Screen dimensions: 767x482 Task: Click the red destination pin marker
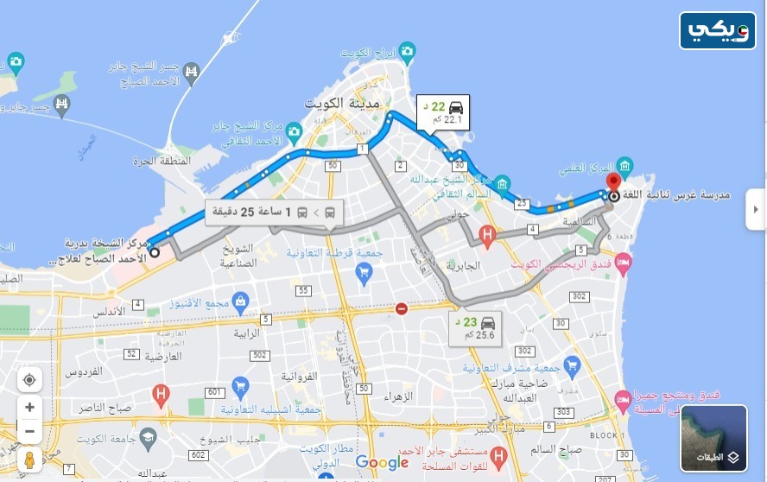pos(614,183)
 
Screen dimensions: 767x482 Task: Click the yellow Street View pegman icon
pos(29,460)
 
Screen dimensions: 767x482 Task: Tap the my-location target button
pos(29,380)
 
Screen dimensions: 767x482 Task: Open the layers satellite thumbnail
pos(713,438)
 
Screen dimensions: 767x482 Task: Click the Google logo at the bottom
pos(382,463)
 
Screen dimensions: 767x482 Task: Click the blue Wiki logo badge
pos(718,30)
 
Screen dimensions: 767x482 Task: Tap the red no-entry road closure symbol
pos(402,308)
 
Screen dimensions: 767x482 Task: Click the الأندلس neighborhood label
pos(109,310)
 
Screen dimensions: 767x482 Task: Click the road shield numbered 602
pos(200,454)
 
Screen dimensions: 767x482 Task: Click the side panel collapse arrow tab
pos(756,210)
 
